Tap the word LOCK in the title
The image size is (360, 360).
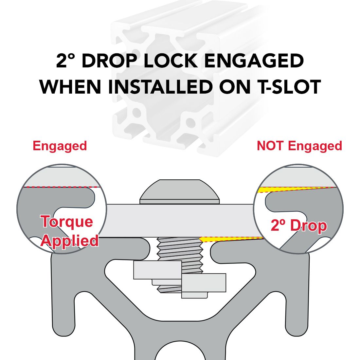(x=171, y=61)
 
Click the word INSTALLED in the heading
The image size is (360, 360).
(x=160, y=87)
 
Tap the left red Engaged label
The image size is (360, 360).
(x=60, y=146)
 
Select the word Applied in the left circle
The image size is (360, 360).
(x=70, y=241)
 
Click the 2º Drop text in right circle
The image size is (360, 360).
(x=299, y=225)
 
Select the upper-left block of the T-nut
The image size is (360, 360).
(x=157, y=270)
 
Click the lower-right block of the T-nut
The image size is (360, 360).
(x=204, y=283)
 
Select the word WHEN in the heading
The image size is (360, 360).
(x=70, y=87)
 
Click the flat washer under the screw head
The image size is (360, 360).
(x=180, y=202)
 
